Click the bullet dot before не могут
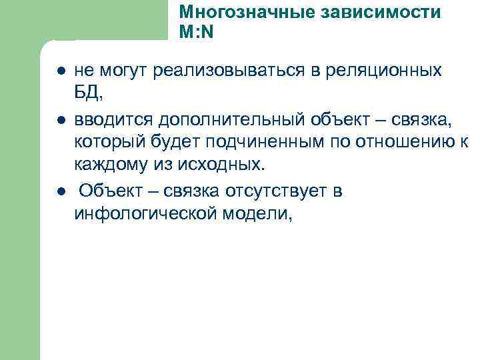(61, 71)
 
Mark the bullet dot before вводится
(61, 121)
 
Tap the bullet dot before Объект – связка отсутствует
(61, 192)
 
